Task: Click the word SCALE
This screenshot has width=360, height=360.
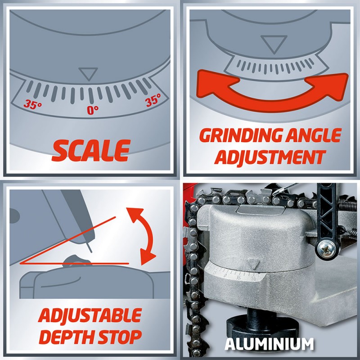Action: tap(91, 150)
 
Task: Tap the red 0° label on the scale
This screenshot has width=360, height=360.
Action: tap(93, 110)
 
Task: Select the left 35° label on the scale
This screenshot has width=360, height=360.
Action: tap(33, 104)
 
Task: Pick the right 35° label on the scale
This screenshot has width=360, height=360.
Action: tap(153, 100)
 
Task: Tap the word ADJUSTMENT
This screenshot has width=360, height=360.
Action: tap(271, 157)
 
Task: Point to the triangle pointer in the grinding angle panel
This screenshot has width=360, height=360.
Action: tap(274, 44)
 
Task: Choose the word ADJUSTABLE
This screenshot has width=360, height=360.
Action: tap(90, 316)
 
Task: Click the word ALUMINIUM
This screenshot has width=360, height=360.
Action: tap(269, 344)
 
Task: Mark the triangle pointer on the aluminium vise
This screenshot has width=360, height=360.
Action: tap(253, 264)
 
